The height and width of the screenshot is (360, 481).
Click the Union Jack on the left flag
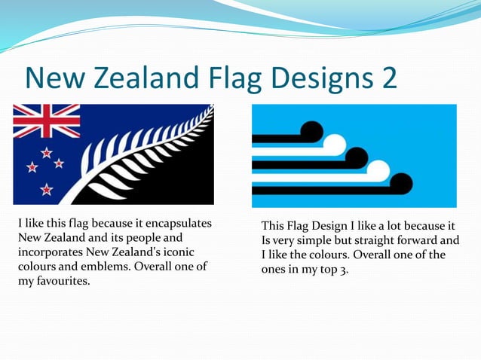[46, 121]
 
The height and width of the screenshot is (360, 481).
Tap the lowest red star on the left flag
[47, 189]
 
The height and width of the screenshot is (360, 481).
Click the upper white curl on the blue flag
[334, 144]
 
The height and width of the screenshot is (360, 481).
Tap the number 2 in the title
[388, 78]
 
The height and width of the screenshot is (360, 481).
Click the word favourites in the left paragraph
[63, 281]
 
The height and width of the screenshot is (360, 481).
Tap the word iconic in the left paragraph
[188, 252]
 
